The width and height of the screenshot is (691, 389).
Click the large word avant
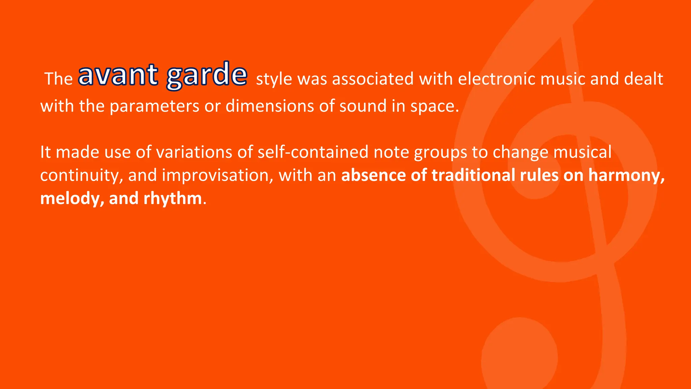[x=118, y=75]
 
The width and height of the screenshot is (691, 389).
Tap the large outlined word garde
[x=207, y=76]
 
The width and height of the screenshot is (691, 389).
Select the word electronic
[x=496, y=79]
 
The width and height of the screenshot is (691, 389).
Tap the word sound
[x=363, y=106]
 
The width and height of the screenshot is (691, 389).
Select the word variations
[x=194, y=152]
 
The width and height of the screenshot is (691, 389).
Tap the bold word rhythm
[x=172, y=199]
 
